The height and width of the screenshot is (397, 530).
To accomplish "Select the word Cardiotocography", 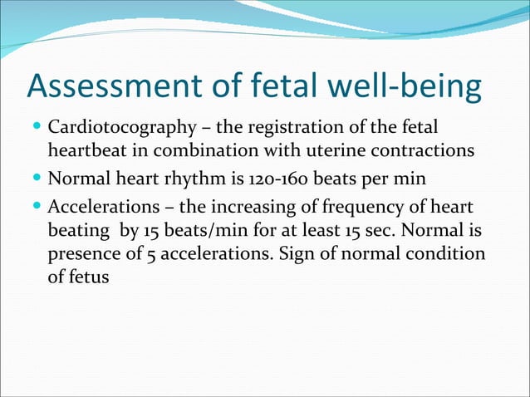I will (x=115, y=130).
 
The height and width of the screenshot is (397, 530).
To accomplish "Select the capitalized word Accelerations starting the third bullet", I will (x=98, y=205).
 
